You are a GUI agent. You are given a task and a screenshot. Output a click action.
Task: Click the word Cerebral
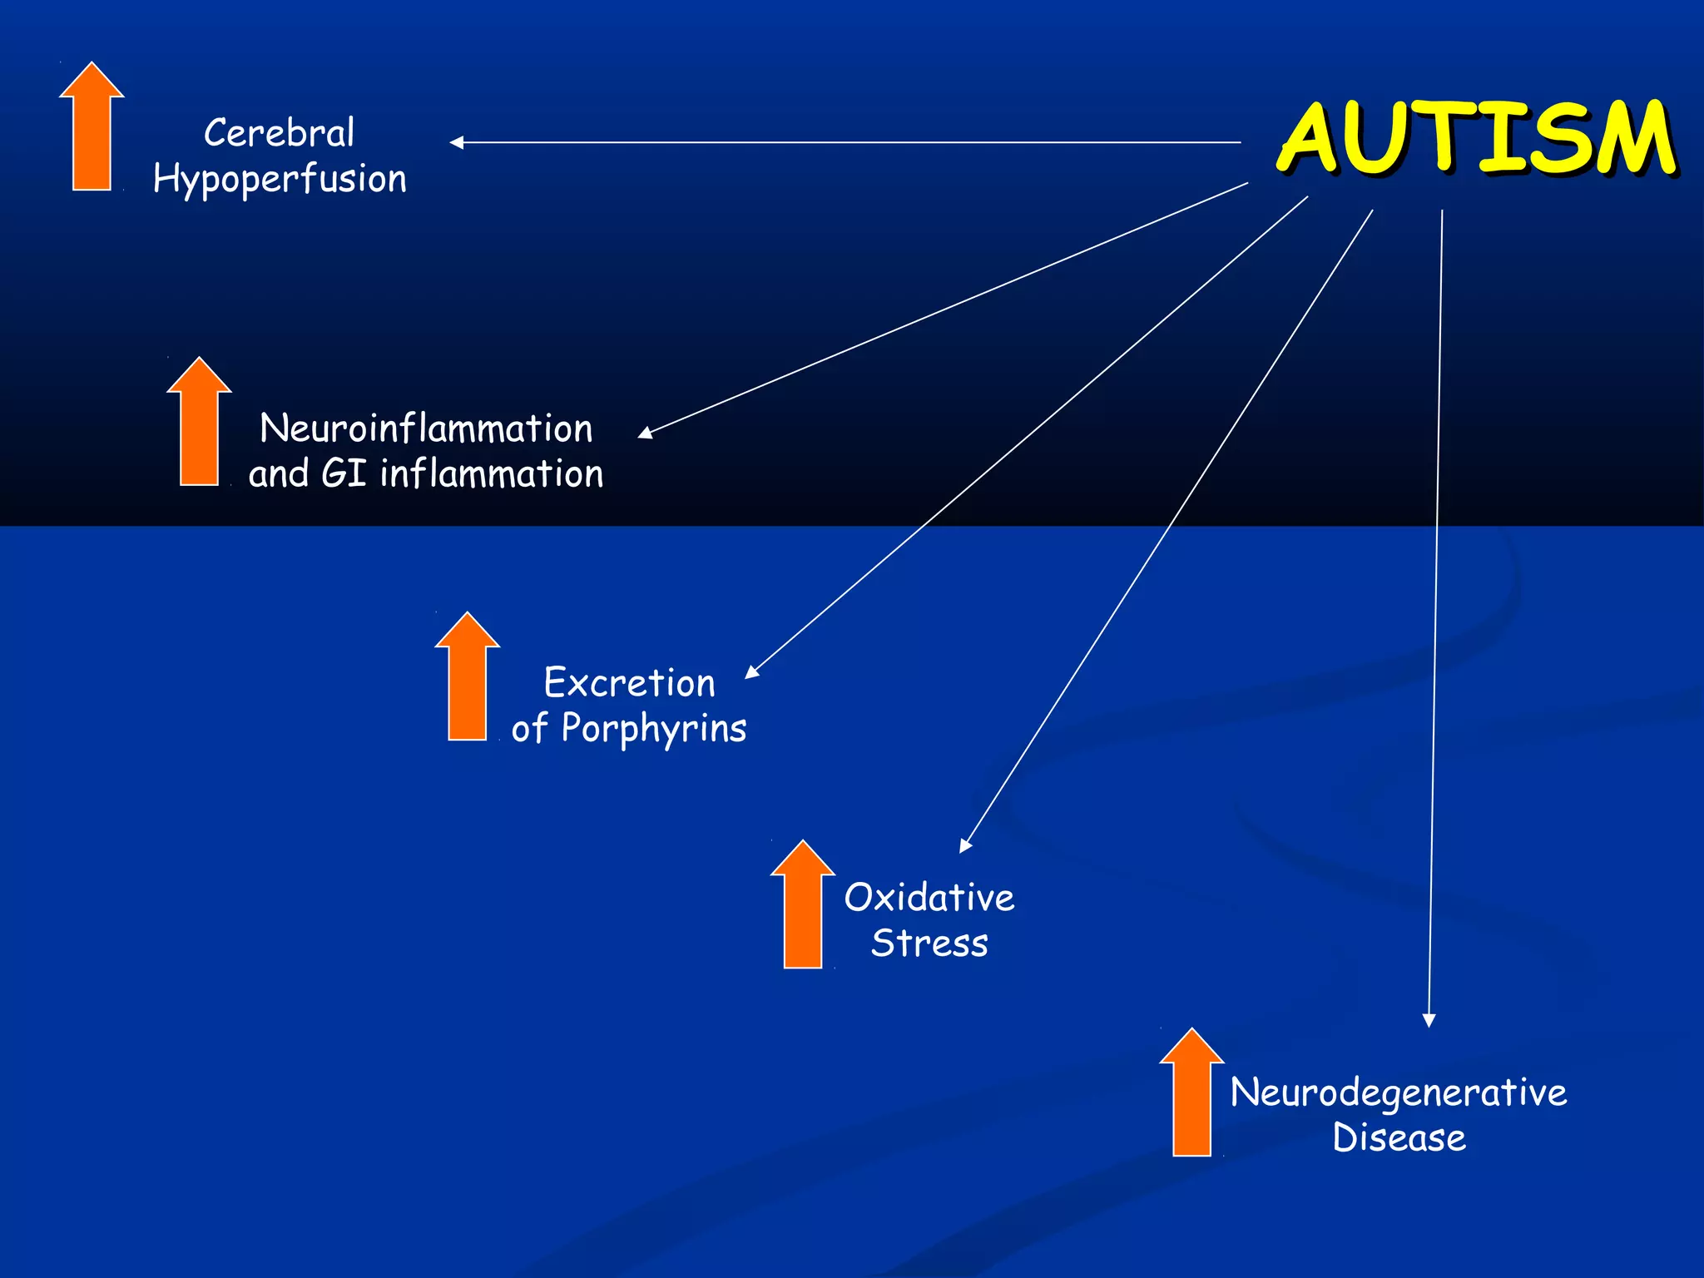(280, 133)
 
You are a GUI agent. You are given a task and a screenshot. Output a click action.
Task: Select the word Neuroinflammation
(426, 428)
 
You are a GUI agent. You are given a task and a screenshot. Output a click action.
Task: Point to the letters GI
(344, 474)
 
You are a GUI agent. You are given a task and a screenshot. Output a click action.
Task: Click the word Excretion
(630, 683)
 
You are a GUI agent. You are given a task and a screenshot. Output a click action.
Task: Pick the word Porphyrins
(654, 729)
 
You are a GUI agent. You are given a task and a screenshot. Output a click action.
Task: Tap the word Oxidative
(929, 898)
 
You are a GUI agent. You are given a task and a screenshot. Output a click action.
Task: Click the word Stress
(929, 944)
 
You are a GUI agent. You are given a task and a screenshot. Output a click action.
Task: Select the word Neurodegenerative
(1399, 1092)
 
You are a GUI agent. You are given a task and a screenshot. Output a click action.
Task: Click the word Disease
(1399, 1137)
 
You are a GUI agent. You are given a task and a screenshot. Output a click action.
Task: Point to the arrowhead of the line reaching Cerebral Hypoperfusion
(456, 142)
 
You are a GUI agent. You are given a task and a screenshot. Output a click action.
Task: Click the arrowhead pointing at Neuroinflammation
(645, 433)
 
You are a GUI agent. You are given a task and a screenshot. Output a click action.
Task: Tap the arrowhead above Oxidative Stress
(965, 846)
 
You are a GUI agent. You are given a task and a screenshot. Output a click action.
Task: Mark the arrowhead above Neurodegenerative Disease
(1429, 1021)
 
